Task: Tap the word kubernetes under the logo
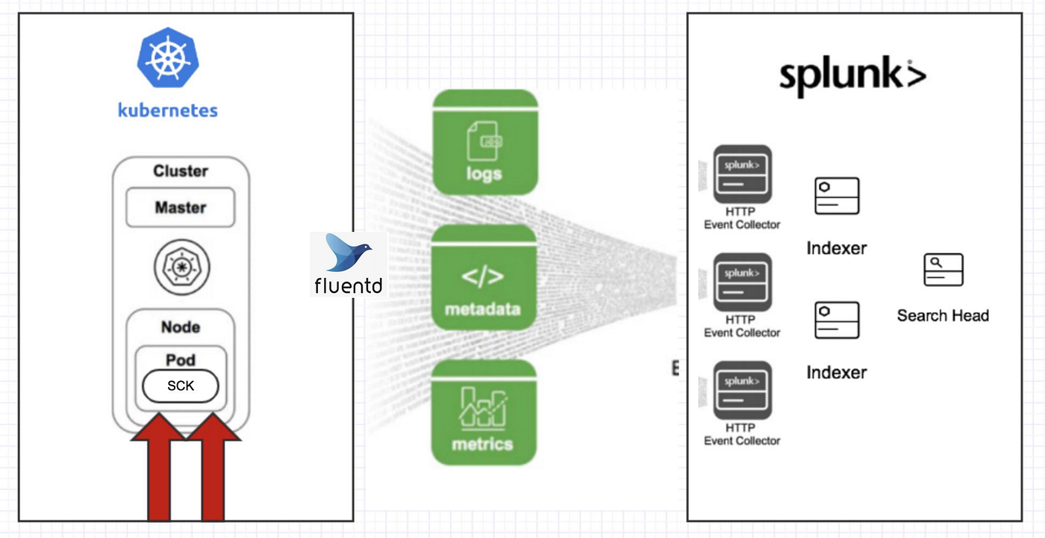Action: pyautogui.click(x=168, y=111)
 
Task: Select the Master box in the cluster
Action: pyautogui.click(x=180, y=208)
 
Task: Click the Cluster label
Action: pyautogui.click(x=180, y=171)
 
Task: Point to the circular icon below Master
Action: pyautogui.click(x=181, y=267)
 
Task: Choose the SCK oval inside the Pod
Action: pyautogui.click(x=181, y=386)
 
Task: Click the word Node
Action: pyautogui.click(x=181, y=327)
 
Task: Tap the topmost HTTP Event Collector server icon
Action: pyautogui.click(x=742, y=174)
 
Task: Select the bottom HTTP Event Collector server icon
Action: pyautogui.click(x=742, y=391)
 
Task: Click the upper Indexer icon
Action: pyautogui.click(x=837, y=197)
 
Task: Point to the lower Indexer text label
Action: pyautogui.click(x=837, y=372)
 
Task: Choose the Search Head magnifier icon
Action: pyautogui.click(x=943, y=270)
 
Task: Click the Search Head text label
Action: pyautogui.click(x=943, y=316)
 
